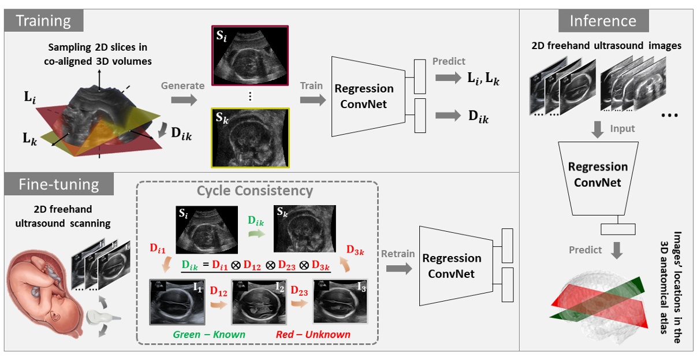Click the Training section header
[x=43, y=22]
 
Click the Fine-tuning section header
[x=57, y=184]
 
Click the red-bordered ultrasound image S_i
[x=250, y=55]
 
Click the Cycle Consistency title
[x=255, y=190]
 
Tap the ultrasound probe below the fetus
[x=102, y=317]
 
